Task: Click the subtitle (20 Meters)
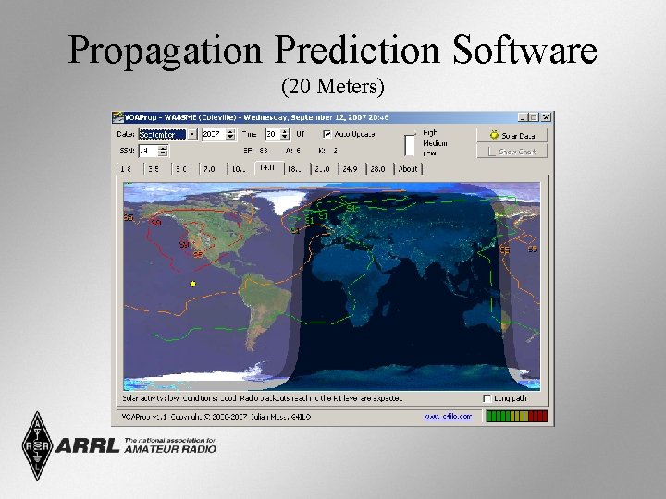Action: pyautogui.click(x=332, y=87)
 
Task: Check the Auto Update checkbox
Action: pyautogui.click(x=327, y=134)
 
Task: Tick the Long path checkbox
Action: pyautogui.click(x=487, y=398)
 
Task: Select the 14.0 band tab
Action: pyautogui.click(x=267, y=168)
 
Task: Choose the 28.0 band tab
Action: pyautogui.click(x=379, y=169)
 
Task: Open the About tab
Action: pyautogui.click(x=408, y=169)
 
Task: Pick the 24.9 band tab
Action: pyautogui.click(x=351, y=169)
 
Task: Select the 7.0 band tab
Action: pyautogui.click(x=210, y=169)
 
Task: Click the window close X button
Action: pyautogui.click(x=547, y=117)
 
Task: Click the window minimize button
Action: pyautogui.click(x=523, y=117)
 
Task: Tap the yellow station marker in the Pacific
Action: pyautogui.click(x=192, y=284)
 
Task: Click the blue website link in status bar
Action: pyautogui.click(x=448, y=417)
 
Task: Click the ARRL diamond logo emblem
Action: pyautogui.click(x=38, y=445)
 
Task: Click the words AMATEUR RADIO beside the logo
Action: pyautogui.click(x=170, y=449)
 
